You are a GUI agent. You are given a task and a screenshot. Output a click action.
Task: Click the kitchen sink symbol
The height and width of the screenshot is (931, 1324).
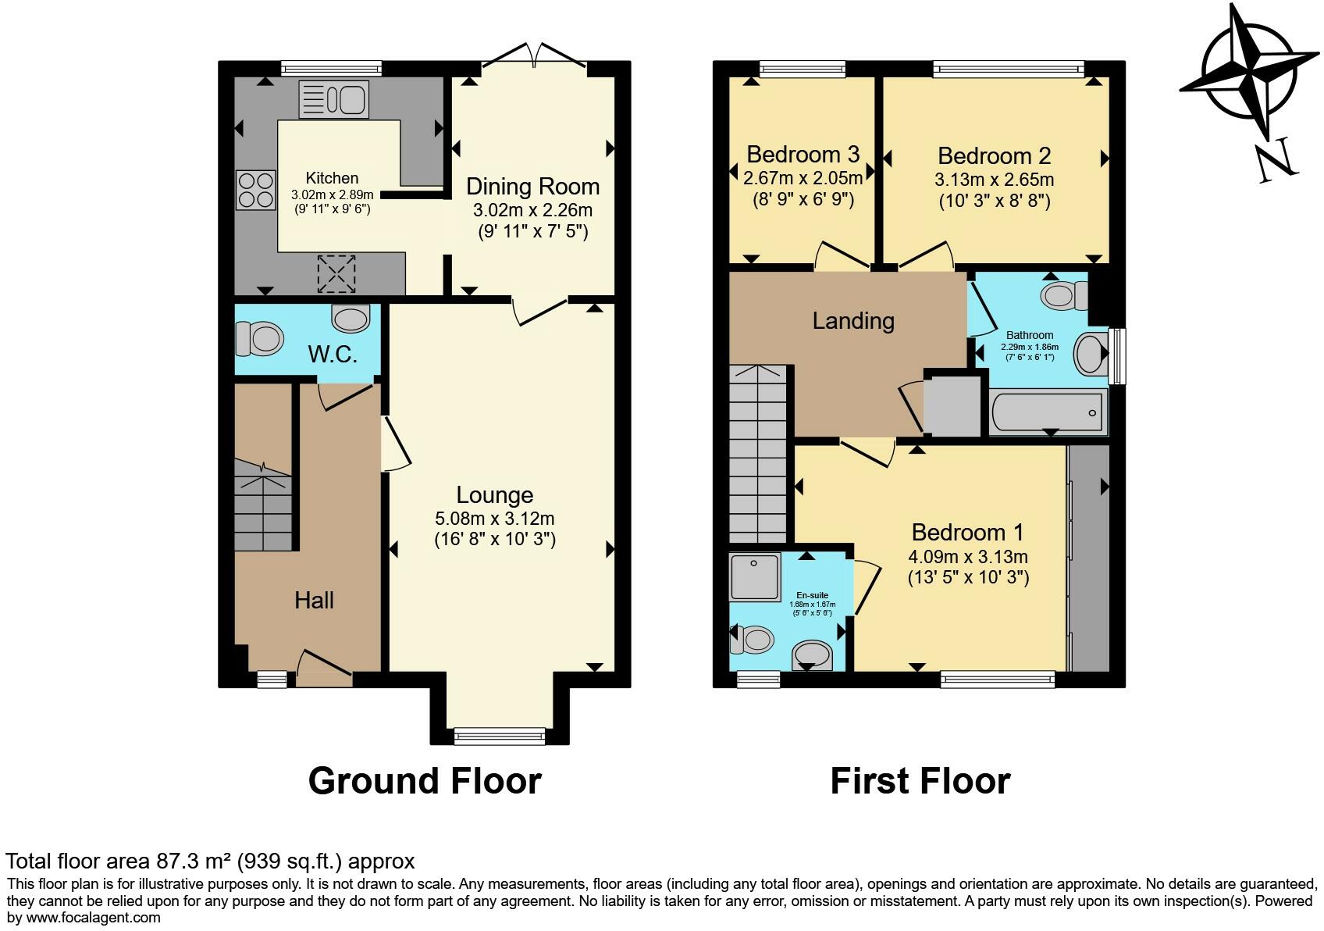click(334, 100)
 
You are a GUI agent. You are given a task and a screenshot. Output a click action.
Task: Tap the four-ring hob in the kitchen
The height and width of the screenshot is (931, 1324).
click(256, 191)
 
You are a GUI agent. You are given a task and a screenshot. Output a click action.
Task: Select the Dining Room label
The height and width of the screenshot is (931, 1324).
click(532, 187)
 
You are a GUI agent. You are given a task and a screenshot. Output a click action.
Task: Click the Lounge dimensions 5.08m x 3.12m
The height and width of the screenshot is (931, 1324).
click(495, 519)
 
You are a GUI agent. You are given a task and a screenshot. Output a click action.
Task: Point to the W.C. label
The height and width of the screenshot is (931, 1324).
click(333, 355)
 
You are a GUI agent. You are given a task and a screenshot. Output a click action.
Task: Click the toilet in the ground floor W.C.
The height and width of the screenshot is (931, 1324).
click(259, 340)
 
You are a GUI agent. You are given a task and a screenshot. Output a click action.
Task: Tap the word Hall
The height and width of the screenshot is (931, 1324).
click(314, 600)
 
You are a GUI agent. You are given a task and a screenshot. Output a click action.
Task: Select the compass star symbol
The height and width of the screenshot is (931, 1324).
click(1248, 70)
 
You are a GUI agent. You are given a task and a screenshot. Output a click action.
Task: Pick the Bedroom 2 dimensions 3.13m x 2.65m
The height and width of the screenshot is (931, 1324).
click(994, 180)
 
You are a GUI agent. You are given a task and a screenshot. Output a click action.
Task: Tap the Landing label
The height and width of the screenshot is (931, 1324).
click(852, 321)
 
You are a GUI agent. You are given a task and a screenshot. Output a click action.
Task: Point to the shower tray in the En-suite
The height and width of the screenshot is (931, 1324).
click(754, 577)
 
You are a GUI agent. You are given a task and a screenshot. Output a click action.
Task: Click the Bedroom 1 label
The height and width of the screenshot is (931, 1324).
click(967, 533)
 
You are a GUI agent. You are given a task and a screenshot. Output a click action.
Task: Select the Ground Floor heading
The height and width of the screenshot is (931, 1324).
click(425, 781)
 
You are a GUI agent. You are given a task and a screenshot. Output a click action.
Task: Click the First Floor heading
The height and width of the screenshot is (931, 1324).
click(920, 781)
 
